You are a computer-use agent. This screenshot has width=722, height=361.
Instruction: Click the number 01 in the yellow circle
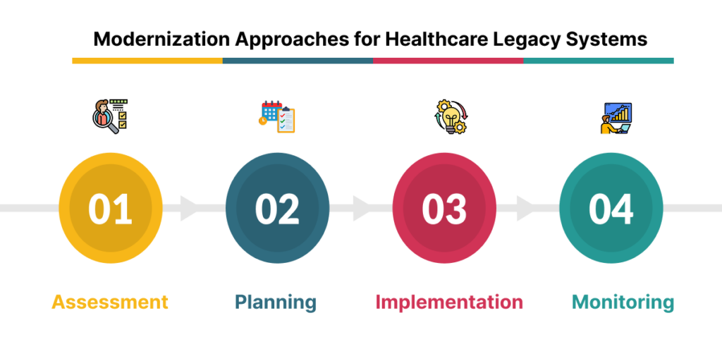(x=111, y=209)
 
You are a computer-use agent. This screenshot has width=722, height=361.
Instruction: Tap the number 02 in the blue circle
(x=277, y=209)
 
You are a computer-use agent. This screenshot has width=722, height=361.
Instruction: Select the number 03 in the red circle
(x=444, y=209)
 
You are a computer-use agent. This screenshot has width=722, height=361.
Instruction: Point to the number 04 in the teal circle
(x=611, y=209)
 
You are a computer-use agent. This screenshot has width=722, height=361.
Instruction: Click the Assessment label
(x=110, y=302)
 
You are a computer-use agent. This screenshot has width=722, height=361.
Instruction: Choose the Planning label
(x=276, y=302)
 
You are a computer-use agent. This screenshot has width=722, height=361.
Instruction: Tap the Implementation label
(x=449, y=302)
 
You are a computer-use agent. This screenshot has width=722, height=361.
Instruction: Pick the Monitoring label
(x=623, y=302)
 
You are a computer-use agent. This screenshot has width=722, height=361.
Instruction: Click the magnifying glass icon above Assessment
(x=109, y=117)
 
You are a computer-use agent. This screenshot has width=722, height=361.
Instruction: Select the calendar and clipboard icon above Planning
(x=276, y=117)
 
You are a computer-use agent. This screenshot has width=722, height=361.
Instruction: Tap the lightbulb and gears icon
(x=449, y=117)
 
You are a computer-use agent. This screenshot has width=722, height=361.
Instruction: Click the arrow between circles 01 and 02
(x=190, y=209)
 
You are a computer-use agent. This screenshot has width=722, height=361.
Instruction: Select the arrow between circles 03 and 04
(x=525, y=209)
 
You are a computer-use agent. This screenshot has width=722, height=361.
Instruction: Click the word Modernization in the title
(x=159, y=39)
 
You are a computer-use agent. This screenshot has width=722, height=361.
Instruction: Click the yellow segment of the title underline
(x=147, y=61)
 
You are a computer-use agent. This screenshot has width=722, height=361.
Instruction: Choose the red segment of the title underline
(x=448, y=61)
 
